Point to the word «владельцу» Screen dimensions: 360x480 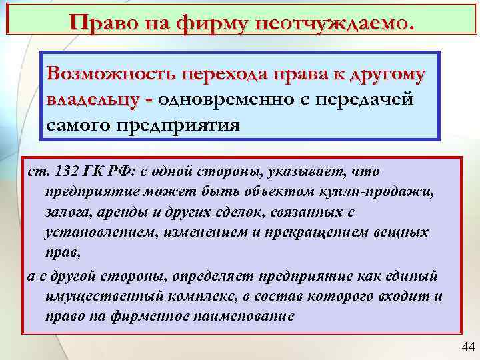point(94,99)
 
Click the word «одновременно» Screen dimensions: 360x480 point(231,99)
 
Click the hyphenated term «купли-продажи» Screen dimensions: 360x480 point(385,193)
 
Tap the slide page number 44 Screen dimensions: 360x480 point(467,347)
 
